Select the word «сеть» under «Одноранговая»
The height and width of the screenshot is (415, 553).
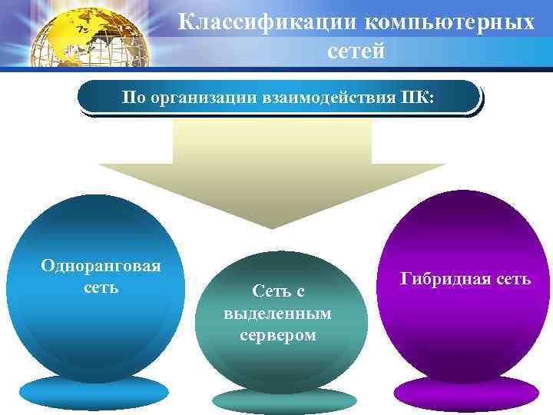coord(101,288)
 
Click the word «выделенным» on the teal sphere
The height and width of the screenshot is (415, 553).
coord(278,314)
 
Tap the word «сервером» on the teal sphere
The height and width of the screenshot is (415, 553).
coord(278,336)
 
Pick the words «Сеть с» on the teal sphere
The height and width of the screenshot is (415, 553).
coord(278,290)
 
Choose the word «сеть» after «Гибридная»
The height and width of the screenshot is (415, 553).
coord(512,278)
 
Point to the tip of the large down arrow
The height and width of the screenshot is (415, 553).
coord(272,224)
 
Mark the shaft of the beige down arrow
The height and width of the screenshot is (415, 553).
coord(272,142)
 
